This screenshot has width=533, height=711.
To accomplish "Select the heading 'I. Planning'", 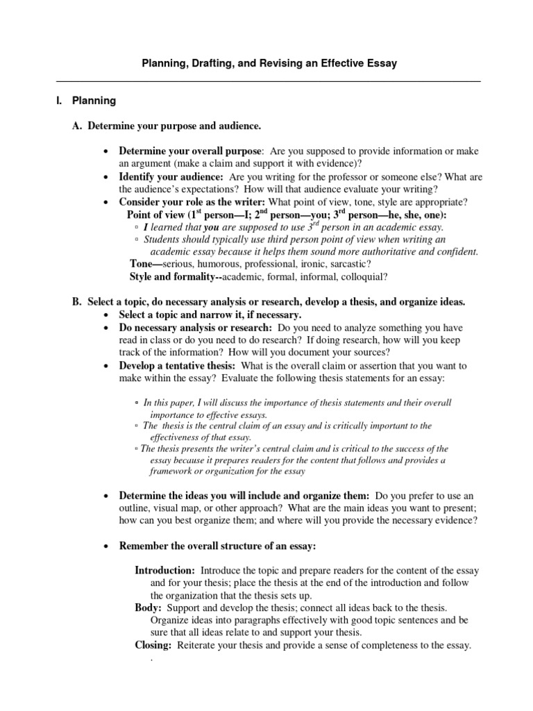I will tap(86, 101).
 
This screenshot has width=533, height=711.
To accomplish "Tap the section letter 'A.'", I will tap(78, 126).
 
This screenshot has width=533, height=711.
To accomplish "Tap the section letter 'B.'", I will tap(78, 302).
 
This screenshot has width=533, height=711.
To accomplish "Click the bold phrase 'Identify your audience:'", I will tap(171, 176).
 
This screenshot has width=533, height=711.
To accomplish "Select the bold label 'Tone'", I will tap(142, 264).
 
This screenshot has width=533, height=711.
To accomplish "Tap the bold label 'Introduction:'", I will tap(164, 570).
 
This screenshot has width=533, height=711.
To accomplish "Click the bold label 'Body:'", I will tap(148, 608).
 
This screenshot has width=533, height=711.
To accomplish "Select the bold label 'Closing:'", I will tap(153, 645).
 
